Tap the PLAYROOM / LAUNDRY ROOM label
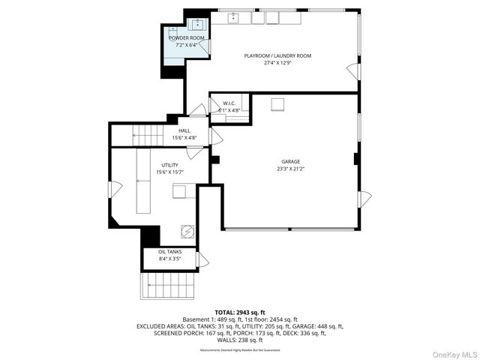[277, 55]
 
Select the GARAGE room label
[290, 161]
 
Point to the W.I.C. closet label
[229, 103]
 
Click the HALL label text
[184, 130]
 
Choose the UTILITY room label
[170, 165]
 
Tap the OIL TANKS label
[169, 252]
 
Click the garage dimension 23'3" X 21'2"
[290, 169]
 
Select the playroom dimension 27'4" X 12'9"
[277, 63]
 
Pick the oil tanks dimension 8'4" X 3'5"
[169, 259]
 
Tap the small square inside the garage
[277, 103]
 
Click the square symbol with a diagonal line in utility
[188, 231]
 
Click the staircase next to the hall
[148, 136]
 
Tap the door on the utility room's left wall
[113, 189]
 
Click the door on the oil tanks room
[202, 259]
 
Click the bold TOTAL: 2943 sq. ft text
[239, 312]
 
